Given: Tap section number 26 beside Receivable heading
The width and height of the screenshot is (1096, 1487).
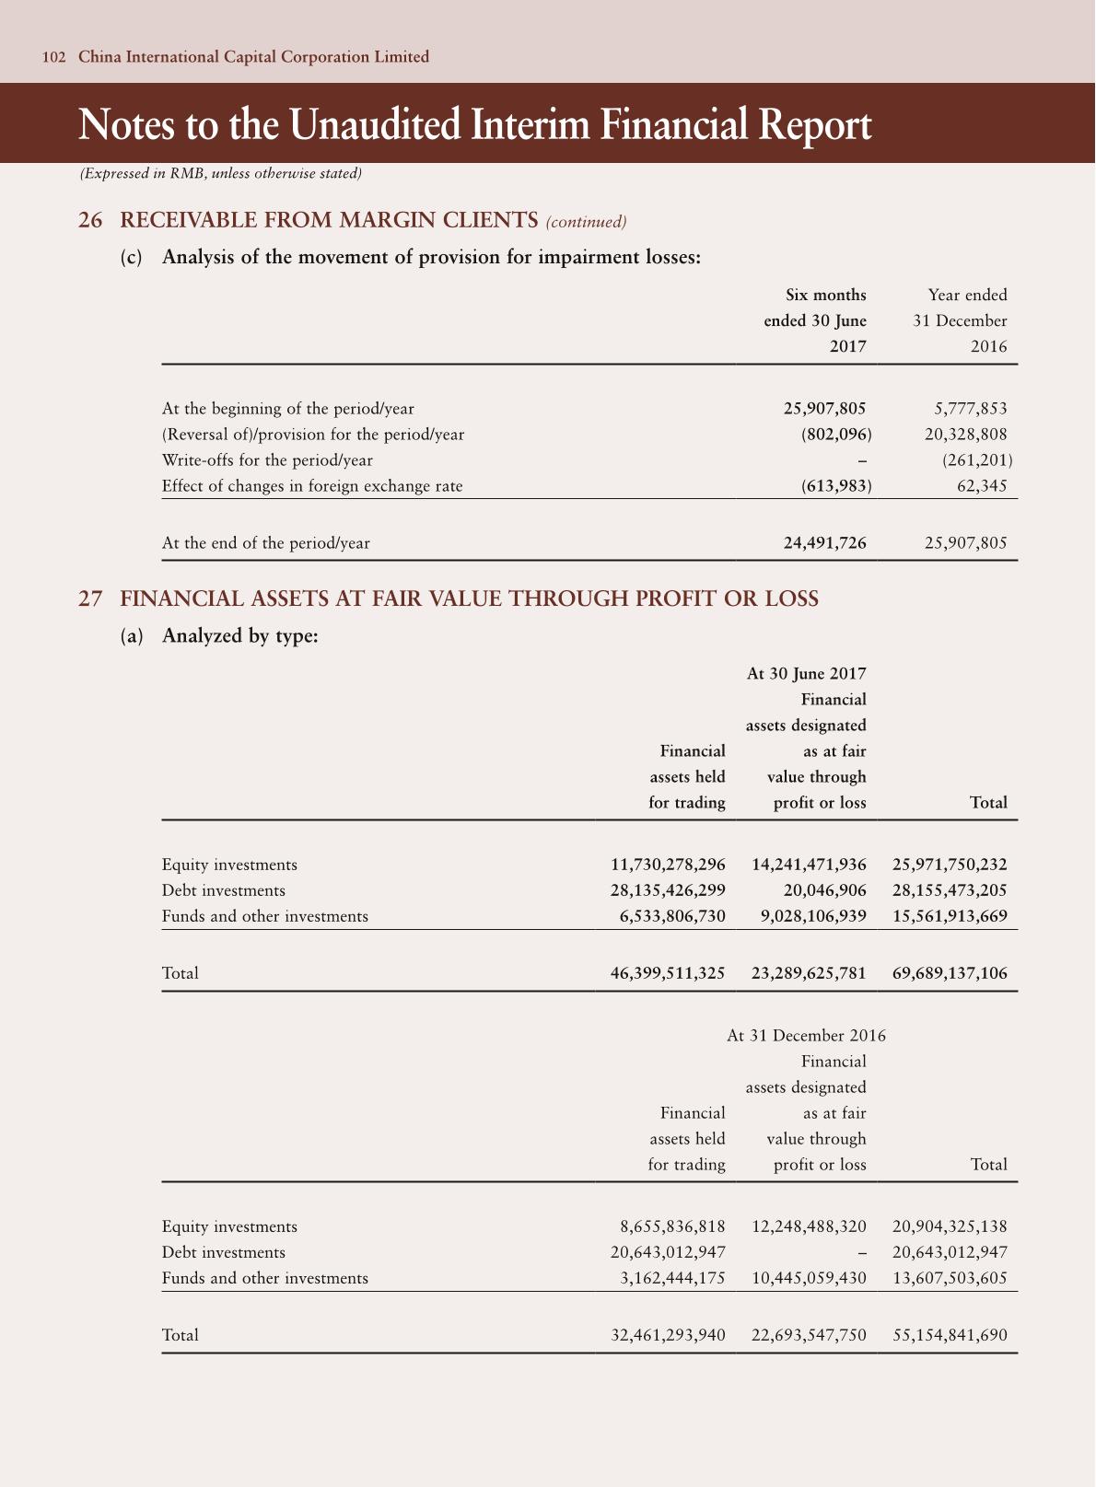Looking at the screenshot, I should [90, 220].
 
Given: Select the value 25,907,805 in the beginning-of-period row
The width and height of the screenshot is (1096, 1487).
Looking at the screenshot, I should [824, 408].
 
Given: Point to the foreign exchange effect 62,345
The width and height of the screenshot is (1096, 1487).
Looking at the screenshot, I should [983, 485].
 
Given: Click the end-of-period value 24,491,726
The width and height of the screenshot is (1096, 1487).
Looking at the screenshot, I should [824, 542].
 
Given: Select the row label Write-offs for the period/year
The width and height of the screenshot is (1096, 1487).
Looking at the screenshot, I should [267, 459].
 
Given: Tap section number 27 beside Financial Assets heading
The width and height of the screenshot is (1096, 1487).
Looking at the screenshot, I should [90, 598].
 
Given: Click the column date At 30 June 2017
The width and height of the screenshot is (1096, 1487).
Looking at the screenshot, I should [806, 673].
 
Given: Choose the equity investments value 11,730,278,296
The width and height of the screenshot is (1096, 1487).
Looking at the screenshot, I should [668, 865].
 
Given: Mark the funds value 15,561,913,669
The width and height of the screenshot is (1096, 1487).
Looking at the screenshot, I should [950, 916].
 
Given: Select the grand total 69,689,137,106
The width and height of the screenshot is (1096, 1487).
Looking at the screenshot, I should [950, 972].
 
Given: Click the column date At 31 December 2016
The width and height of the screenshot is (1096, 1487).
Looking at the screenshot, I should [806, 1035].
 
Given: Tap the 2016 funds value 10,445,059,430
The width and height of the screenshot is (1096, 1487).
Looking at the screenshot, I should [809, 1278].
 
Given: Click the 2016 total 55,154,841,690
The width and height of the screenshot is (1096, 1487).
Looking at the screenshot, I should [950, 1334].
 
